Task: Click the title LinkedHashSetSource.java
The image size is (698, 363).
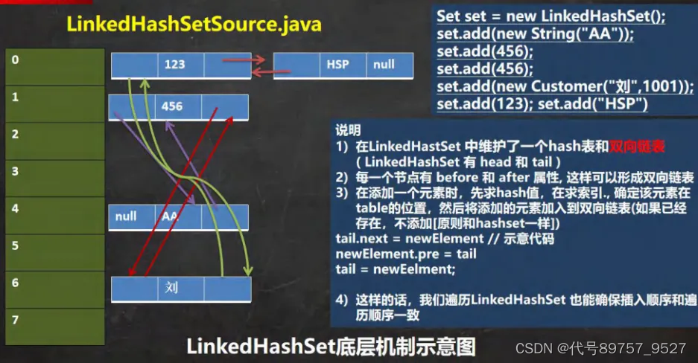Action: (194, 24)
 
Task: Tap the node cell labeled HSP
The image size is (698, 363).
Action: (337, 65)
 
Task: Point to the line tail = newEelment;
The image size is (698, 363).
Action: (396, 269)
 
